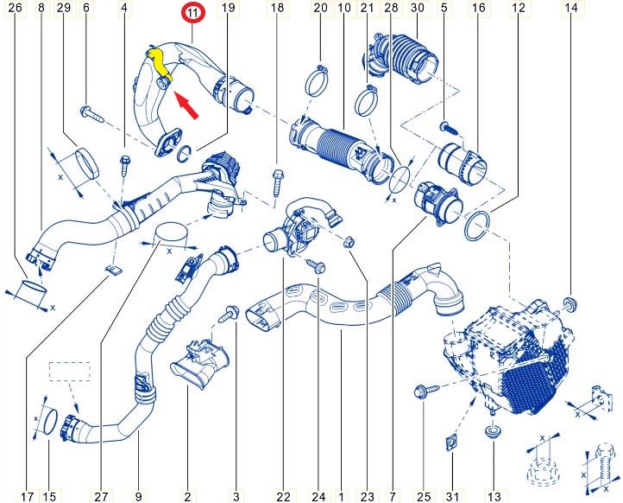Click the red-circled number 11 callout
(x=192, y=13)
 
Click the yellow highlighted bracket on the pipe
(x=160, y=66)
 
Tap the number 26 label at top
(x=16, y=8)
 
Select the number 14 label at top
(x=571, y=8)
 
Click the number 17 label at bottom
(x=27, y=496)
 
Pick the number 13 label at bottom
(x=494, y=496)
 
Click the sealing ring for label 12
(x=477, y=226)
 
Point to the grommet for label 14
(x=570, y=304)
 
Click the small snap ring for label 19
(x=186, y=154)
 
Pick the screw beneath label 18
(x=278, y=182)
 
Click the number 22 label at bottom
(x=283, y=496)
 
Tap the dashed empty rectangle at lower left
(x=70, y=372)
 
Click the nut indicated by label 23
(x=349, y=242)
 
